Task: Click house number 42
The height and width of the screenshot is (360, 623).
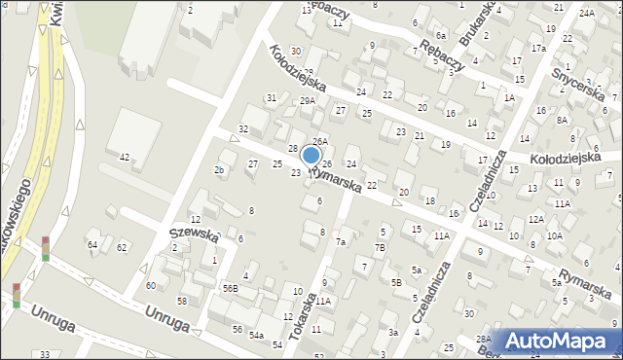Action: (x=125, y=157)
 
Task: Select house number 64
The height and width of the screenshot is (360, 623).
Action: (x=92, y=244)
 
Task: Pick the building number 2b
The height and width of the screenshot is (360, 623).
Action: (x=219, y=170)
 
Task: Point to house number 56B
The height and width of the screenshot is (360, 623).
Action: (x=230, y=289)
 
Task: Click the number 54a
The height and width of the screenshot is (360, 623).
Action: (x=256, y=335)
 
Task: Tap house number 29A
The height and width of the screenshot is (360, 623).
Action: (x=308, y=101)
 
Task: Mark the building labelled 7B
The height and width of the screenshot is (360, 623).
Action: (x=381, y=248)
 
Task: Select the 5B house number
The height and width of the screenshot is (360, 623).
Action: (x=396, y=282)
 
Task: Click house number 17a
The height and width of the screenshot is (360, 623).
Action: (x=538, y=48)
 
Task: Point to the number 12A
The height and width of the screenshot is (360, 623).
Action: (x=535, y=220)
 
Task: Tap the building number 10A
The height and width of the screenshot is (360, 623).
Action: (x=554, y=235)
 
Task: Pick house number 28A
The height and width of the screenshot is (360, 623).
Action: (x=482, y=339)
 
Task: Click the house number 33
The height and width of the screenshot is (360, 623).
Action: (x=45, y=355)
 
